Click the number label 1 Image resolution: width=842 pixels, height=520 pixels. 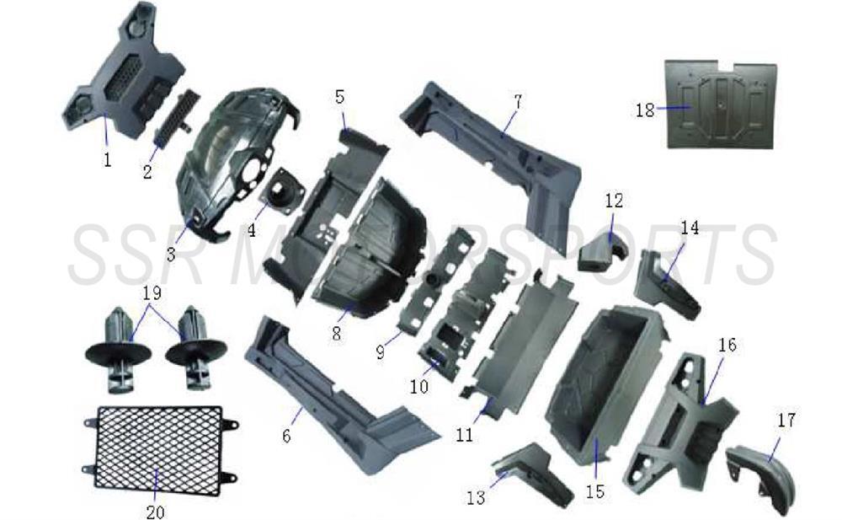click(108, 159)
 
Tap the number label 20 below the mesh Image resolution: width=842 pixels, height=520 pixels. click(157, 510)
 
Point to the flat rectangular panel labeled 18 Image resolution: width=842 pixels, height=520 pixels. click(722, 105)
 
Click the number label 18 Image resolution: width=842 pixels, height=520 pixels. click(646, 110)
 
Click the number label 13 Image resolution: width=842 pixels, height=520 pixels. click(477, 497)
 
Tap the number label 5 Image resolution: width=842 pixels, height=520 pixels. click(340, 96)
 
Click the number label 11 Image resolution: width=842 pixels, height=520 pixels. click(465, 435)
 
